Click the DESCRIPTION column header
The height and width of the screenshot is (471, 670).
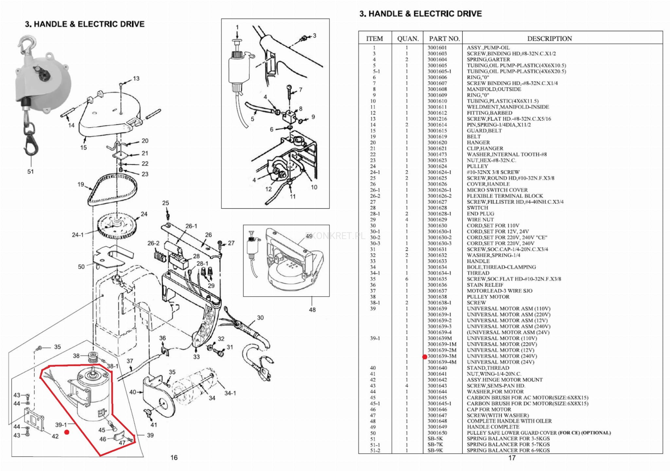549,39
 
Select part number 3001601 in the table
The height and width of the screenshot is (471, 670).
437,48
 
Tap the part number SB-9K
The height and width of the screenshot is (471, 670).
435,450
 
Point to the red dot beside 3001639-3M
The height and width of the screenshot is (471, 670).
425,357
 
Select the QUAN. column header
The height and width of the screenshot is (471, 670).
408,39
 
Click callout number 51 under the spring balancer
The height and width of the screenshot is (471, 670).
30,171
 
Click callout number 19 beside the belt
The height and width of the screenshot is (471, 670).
81,184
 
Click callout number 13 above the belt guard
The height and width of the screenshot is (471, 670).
136,78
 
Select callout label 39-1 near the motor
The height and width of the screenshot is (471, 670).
61,425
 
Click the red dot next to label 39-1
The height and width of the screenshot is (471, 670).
67,432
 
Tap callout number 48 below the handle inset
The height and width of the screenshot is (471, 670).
312,309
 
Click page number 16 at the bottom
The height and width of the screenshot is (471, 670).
174,458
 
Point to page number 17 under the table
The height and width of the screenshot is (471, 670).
512,458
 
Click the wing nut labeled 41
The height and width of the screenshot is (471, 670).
148,412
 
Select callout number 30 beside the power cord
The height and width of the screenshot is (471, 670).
260,318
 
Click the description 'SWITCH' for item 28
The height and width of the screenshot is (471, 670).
477,208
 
